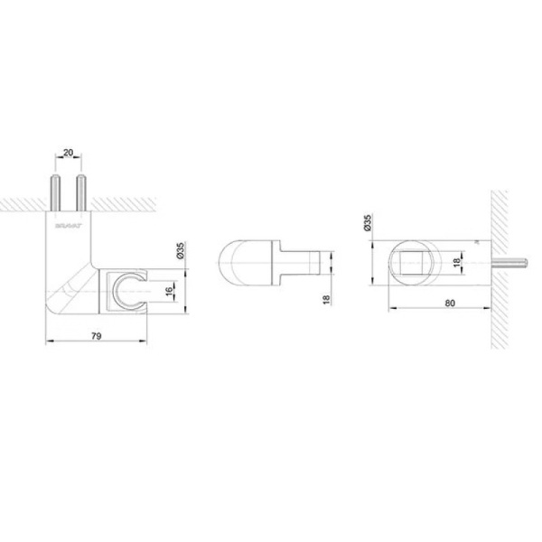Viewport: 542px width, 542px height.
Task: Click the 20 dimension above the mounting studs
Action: coord(70,154)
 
